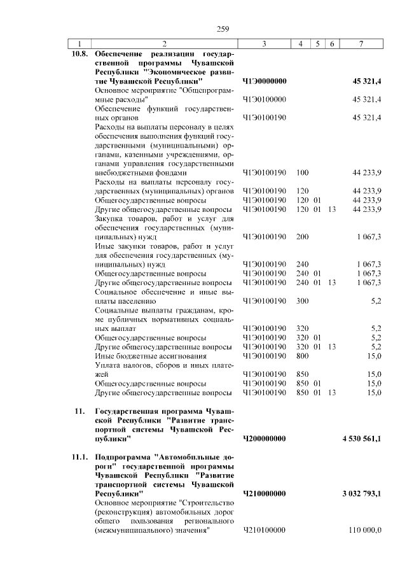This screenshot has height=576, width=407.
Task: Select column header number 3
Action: coord(263,44)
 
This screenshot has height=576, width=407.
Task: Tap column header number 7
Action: coord(361,44)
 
